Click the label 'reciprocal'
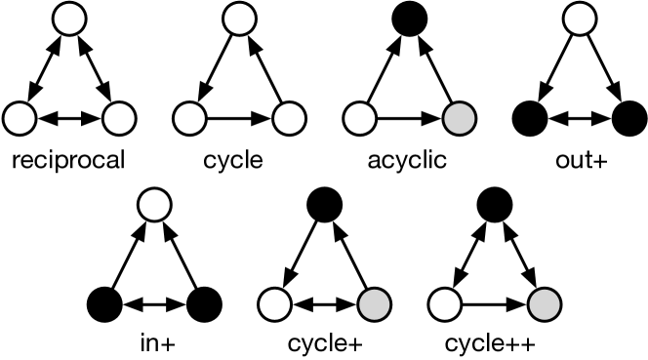tap(67, 157)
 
